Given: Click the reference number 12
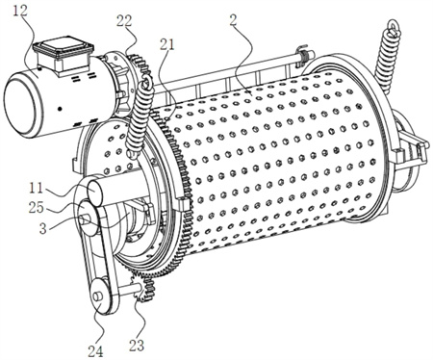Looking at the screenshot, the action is click(x=21, y=12).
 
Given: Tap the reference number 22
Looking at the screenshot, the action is click(x=124, y=21).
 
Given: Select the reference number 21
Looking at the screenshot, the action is click(x=166, y=44).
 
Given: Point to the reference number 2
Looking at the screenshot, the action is click(x=233, y=20).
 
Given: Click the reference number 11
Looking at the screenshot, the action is click(x=36, y=188).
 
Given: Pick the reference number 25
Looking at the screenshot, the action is click(x=36, y=207).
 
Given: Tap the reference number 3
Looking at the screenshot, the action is click(x=43, y=229).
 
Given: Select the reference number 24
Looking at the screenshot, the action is click(x=96, y=351).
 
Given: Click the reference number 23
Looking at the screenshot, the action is click(x=137, y=346).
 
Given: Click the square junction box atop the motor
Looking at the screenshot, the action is click(x=64, y=54).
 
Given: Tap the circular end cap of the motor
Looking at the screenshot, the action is click(x=23, y=106).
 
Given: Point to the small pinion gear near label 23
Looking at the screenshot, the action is click(x=143, y=287).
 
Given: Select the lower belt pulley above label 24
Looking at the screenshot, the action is click(x=102, y=296).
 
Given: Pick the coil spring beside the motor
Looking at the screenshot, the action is click(x=138, y=116).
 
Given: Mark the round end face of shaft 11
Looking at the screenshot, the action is click(x=94, y=192).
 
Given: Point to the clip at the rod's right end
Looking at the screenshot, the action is click(x=303, y=55).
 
